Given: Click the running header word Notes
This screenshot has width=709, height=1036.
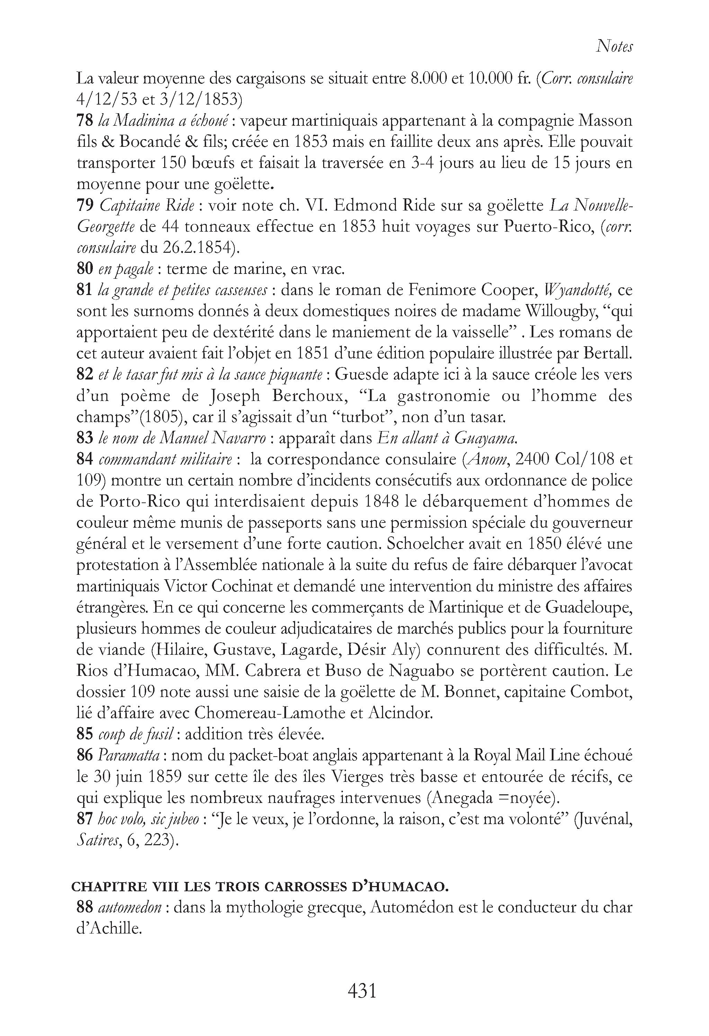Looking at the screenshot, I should pyautogui.click(x=614, y=46).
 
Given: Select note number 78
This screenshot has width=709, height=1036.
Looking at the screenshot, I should pyautogui.click(x=85, y=121).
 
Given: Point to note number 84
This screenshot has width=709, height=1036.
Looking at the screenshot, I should pyautogui.click(x=85, y=459).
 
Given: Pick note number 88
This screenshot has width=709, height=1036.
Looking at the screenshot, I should pyautogui.click(x=85, y=907).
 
